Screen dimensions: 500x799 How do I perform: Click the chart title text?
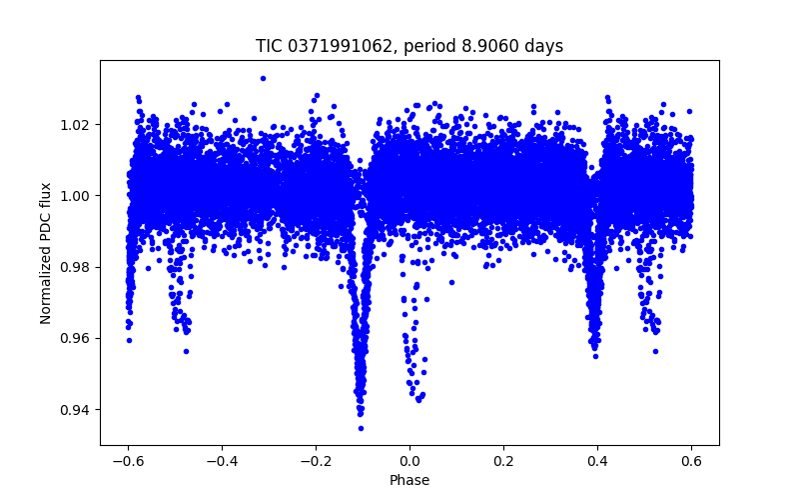tap(409, 46)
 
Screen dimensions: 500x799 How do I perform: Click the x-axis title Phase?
tap(409, 481)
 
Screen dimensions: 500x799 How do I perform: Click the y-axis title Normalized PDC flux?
tap(46, 252)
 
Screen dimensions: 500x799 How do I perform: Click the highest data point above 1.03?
tap(263, 78)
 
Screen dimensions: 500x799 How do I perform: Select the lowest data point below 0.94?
tap(361, 428)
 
